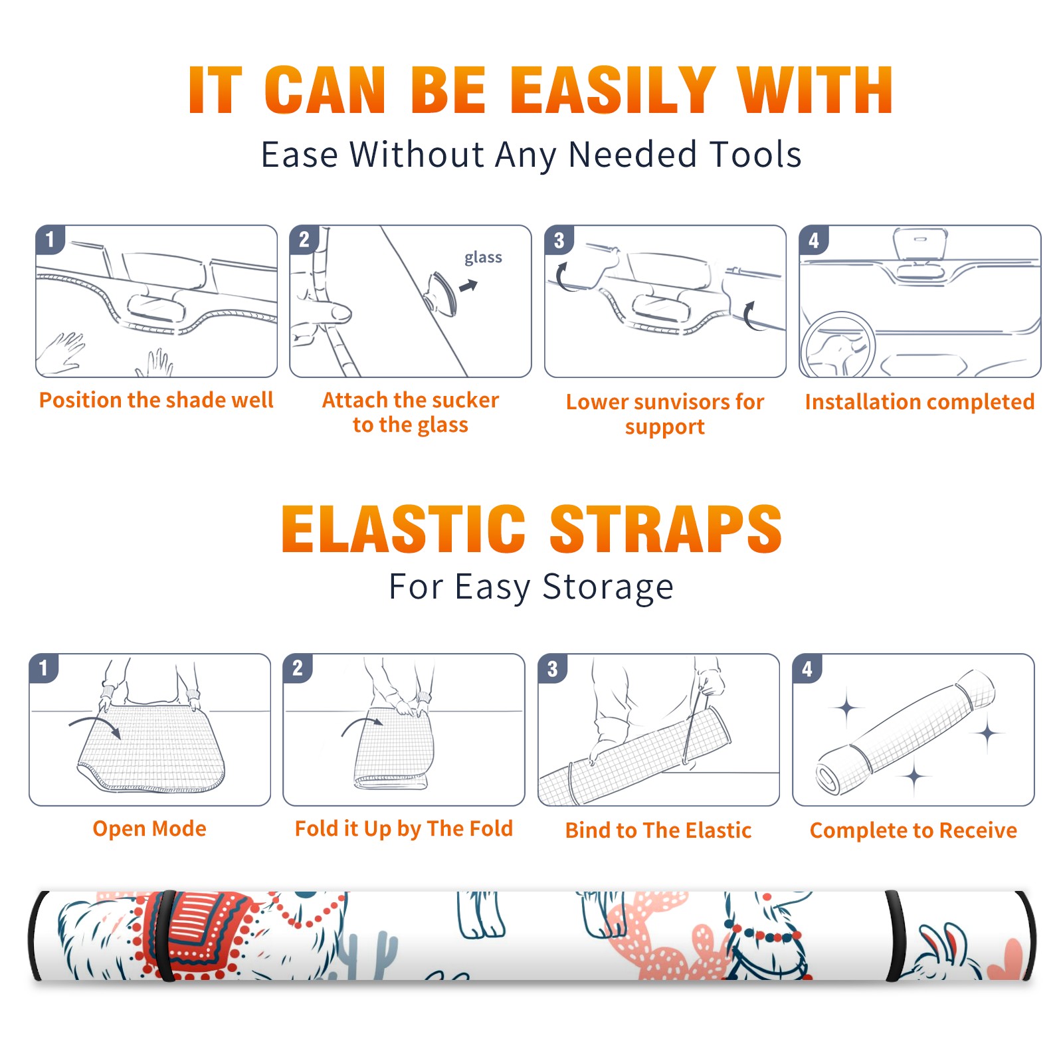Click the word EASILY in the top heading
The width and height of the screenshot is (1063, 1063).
(x=613, y=90)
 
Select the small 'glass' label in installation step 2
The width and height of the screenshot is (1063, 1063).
(x=483, y=257)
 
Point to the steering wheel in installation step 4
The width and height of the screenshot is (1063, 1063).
(x=838, y=345)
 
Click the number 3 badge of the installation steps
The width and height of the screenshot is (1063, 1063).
(x=559, y=240)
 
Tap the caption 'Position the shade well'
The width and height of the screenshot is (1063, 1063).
(x=156, y=400)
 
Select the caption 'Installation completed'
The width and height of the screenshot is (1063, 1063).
(x=919, y=402)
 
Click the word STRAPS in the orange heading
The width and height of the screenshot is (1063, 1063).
(x=666, y=529)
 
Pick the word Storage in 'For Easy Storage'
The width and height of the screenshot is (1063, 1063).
(x=608, y=587)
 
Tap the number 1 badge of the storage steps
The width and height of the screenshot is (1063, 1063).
(x=44, y=668)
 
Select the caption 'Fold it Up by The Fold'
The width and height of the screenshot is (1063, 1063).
(x=404, y=828)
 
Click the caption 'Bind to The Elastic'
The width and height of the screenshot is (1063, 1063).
(x=658, y=830)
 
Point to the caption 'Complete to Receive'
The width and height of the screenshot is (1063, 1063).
(x=914, y=830)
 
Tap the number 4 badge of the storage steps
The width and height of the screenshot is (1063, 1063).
(x=807, y=668)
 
